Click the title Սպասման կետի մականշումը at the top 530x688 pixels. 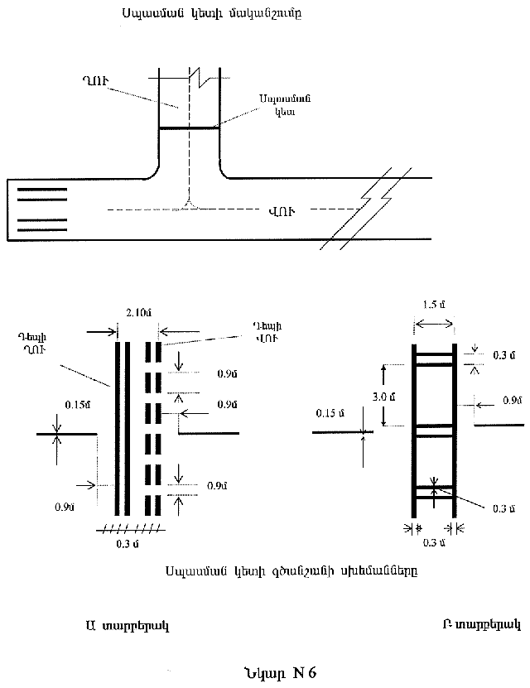(204, 15)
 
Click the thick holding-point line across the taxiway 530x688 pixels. (189, 128)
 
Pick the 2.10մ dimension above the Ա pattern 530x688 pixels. (137, 313)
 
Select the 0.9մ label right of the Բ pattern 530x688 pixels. (510, 401)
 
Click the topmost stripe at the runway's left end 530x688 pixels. (42, 190)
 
